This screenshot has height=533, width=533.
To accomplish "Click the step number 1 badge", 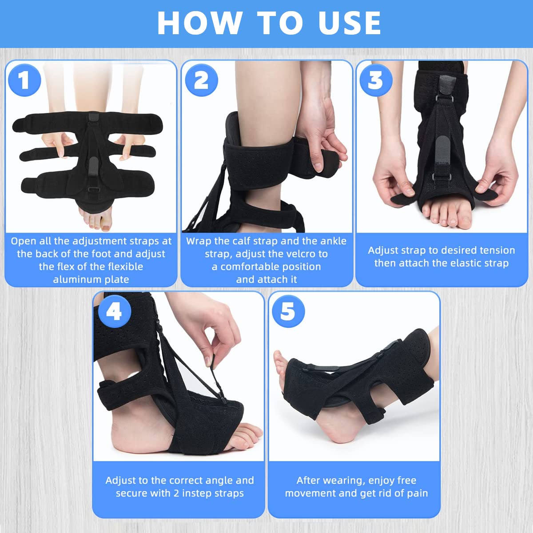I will click(24, 80).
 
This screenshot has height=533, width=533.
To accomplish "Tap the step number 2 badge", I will click(201, 80).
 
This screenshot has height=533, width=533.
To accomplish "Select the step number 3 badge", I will click(376, 80).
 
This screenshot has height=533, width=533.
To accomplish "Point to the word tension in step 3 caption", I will click(497, 251).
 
